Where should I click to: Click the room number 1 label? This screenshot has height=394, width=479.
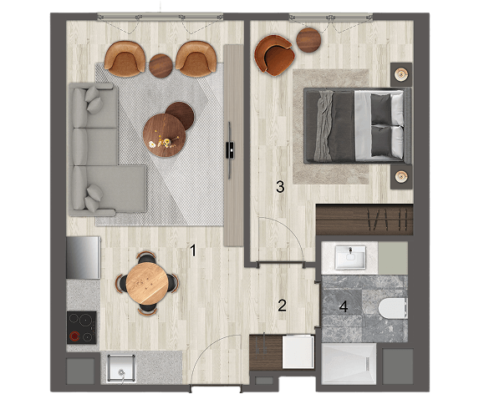(x=193, y=250)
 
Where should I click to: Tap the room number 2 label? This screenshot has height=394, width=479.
(x=282, y=306)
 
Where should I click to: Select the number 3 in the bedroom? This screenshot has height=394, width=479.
(x=280, y=187)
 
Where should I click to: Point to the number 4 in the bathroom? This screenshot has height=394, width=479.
(x=344, y=306)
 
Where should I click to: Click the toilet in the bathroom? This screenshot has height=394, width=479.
(x=393, y=308)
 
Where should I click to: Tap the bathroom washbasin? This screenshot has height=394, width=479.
(x=350, y=258)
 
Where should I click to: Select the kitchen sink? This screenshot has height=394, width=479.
(x=120, y=369)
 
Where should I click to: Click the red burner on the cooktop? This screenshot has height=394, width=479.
(x=74, y=336)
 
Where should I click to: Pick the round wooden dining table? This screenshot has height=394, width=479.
(x=147, y=284)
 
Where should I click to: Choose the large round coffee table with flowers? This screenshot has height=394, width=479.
(x=165, y=135)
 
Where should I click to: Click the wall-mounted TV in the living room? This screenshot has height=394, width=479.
(x=230, y=150)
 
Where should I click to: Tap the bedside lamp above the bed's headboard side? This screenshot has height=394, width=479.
(x=401, y=73)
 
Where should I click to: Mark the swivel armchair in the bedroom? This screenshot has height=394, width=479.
(x=274, y=55)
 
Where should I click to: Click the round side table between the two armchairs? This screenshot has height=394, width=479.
(x=161, y=66)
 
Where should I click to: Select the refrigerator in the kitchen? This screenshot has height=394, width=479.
(x=84, y=258)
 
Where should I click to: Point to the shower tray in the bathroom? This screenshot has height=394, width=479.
(x=349, y=363)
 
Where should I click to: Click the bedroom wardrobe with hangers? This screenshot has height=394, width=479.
(x=364, y=220)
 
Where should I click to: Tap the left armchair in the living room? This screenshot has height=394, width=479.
(x=125, y=58)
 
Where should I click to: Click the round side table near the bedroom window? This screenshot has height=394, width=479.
(x=308, y=40)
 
